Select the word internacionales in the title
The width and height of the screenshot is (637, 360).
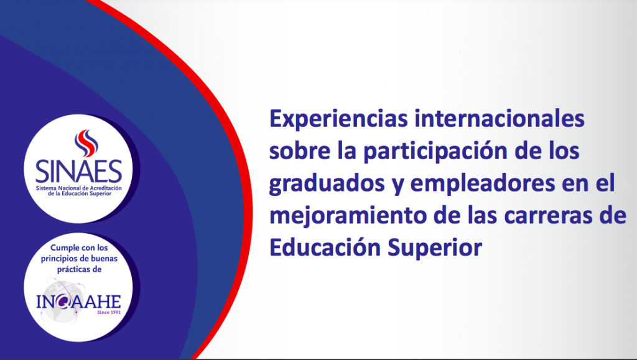500,118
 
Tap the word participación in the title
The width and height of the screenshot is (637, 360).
435,152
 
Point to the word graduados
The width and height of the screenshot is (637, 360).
327,184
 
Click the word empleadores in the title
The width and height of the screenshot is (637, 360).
482,184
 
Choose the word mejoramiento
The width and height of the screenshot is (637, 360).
348,216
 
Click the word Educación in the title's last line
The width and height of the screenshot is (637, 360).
325,247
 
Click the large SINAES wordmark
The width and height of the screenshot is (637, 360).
79,171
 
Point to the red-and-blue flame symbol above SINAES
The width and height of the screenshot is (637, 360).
86,143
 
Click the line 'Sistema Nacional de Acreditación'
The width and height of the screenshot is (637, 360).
79,188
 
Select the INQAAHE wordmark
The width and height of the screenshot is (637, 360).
78,302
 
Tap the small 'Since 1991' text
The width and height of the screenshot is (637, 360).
109,313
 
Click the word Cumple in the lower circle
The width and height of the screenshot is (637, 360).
64,248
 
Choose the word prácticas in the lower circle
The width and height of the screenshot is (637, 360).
74,270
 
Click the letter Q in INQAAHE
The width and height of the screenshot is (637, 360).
64,302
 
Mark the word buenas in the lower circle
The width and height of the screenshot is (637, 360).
103,259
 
